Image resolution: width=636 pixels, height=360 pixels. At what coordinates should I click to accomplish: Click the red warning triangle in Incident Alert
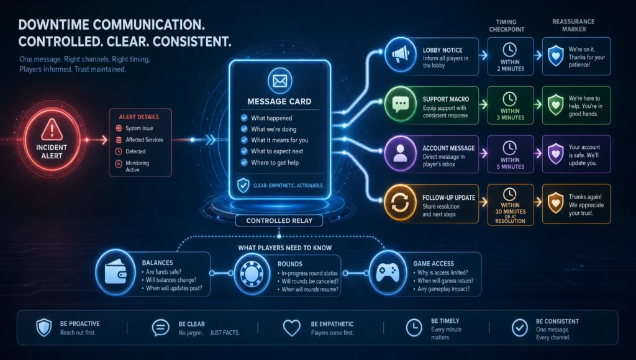[x=52, y=129]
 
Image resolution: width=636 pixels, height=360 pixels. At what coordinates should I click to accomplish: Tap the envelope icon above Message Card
[x=280, y=81]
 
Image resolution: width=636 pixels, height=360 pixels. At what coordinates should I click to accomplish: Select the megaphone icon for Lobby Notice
[x=401, y=55]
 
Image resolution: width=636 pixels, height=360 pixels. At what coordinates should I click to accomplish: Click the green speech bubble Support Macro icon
[x=401, y=104]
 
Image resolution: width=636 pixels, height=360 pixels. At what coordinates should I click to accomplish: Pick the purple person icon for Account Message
[x=401, y=153]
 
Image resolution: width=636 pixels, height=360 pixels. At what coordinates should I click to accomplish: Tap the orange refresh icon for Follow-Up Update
[x=401, y=203]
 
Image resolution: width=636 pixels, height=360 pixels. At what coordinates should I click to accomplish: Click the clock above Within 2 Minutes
[x=510, y=50]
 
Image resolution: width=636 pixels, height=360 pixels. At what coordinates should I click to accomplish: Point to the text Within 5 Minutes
[x=511, y=163]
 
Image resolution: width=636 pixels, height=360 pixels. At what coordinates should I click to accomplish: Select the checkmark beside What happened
[x=244, y=118]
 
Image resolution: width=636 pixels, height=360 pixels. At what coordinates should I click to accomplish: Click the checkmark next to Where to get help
[x=244, y=163]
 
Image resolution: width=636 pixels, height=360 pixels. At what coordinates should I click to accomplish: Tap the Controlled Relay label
[x=279, y=220]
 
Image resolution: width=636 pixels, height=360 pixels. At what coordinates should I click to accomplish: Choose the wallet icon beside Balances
[x=116, y=272]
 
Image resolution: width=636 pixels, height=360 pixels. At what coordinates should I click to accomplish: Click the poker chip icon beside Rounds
[x=252, y=274]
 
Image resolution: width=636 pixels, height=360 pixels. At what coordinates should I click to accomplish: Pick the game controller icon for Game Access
[x=388, y=272]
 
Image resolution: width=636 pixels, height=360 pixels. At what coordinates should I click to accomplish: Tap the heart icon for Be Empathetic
[x=292, y=328]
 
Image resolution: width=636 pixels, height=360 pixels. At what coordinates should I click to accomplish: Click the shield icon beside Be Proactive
[x=44, y=328]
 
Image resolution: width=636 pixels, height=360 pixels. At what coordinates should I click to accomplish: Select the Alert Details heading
[x=139, y=117]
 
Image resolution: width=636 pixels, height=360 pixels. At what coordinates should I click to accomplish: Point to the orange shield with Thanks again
[x=556, y=203]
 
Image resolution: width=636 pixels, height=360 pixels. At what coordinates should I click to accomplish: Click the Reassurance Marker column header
[x=573, y=25]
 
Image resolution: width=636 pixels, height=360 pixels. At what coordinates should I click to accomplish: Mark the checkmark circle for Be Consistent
[x=520, y=328]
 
